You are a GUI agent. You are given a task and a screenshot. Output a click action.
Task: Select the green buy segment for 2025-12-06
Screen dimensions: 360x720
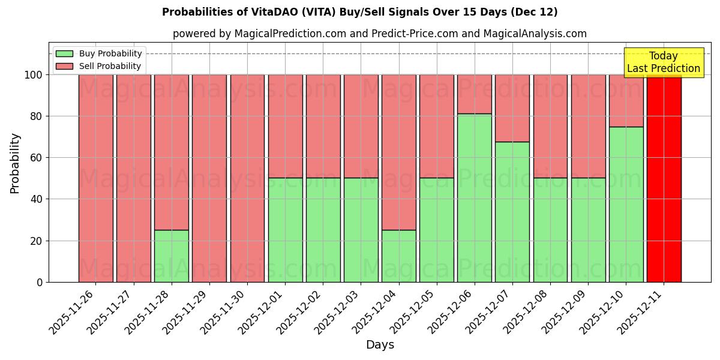pyautogui.click(x=474, y=198)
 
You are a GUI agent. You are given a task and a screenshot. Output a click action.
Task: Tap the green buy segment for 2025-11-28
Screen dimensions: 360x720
pyautogui.click(x=171, y=256)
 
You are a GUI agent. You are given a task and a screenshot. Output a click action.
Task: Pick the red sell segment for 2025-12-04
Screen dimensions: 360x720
pyautogui.click(x=398, y=152)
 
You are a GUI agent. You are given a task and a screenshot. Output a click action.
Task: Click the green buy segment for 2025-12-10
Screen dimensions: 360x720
pyautogui.click(x=626, y=204)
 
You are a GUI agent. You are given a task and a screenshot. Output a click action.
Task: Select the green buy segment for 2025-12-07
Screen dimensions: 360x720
pyautogui.click(x=512, y=212)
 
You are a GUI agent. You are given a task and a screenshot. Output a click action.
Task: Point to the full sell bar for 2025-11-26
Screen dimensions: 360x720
pyautogui.click(x=95, y=178)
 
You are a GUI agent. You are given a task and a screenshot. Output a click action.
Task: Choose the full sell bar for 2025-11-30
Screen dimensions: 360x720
pyautogui.click(x=247, y=178)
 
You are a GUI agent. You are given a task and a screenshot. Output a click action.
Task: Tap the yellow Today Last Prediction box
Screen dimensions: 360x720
pyautogui.click(x=663, y=62)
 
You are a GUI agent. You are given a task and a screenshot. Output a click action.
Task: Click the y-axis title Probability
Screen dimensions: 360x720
pyautogui.click(x=15, y=163)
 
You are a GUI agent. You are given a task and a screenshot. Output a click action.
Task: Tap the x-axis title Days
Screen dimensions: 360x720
pyautogui.click(x=380, y=345)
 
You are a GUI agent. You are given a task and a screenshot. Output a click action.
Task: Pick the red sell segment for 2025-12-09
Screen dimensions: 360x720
pyautogui.click(x=588, y=126)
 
